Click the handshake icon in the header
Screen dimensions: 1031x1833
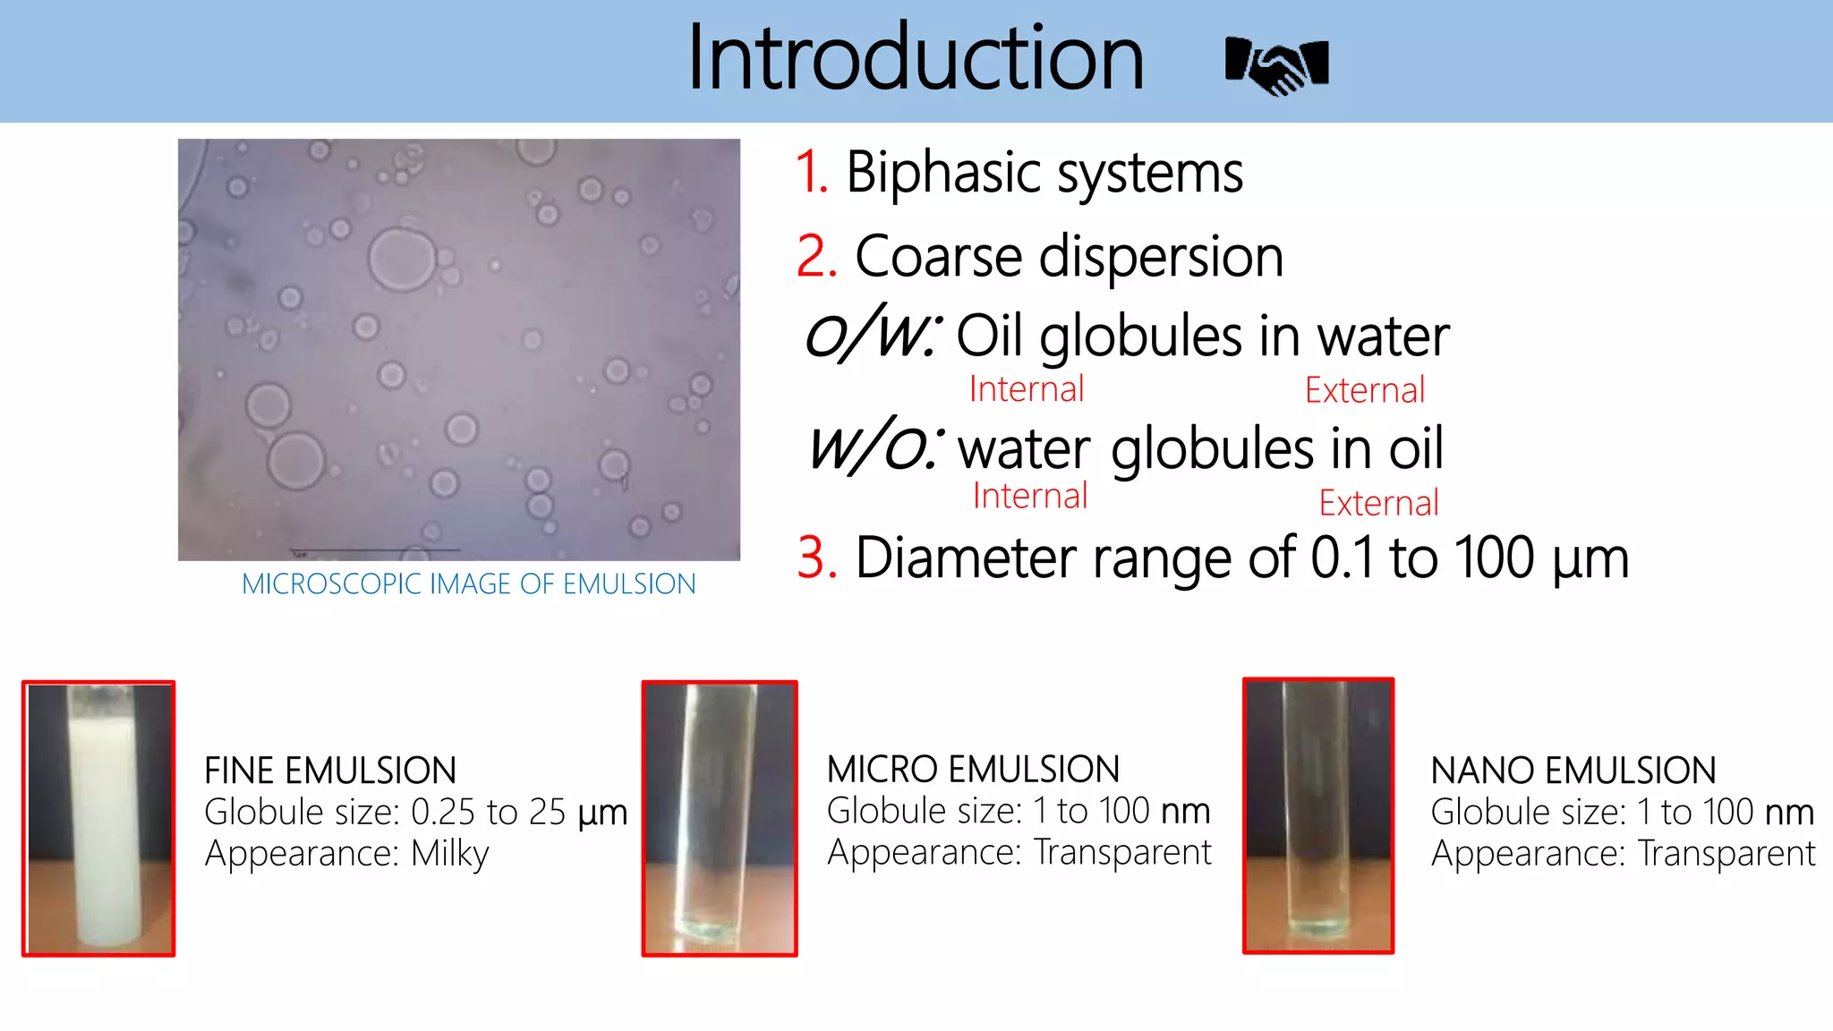(x=1277, y=65)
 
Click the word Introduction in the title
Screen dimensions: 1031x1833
(x=915, y=59)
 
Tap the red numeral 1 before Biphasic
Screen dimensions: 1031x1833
(x=811, y=172)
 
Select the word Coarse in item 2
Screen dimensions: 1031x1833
(x=937, y=257)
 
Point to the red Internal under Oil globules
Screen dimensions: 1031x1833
(x=1026, y=389)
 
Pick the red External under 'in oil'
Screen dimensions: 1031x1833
(x=1378, y=503)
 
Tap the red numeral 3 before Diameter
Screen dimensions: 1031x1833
(x=816, y=558)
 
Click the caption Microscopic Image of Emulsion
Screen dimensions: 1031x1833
(x=468, y=584)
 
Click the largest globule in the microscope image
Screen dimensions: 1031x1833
(x=401, y=260)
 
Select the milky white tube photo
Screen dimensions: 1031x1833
(x=98, y=818)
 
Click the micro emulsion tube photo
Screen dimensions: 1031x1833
(x=719, y=818)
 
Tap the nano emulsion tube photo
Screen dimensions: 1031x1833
(x=1317, y=815)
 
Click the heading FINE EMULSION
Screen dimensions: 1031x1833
(x=330, y=771)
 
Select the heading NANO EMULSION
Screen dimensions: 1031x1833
(x=1573, y=771)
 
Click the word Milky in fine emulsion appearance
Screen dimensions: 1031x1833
(x=449, y=854)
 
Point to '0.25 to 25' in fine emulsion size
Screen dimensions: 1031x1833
(x=488, y=813)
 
